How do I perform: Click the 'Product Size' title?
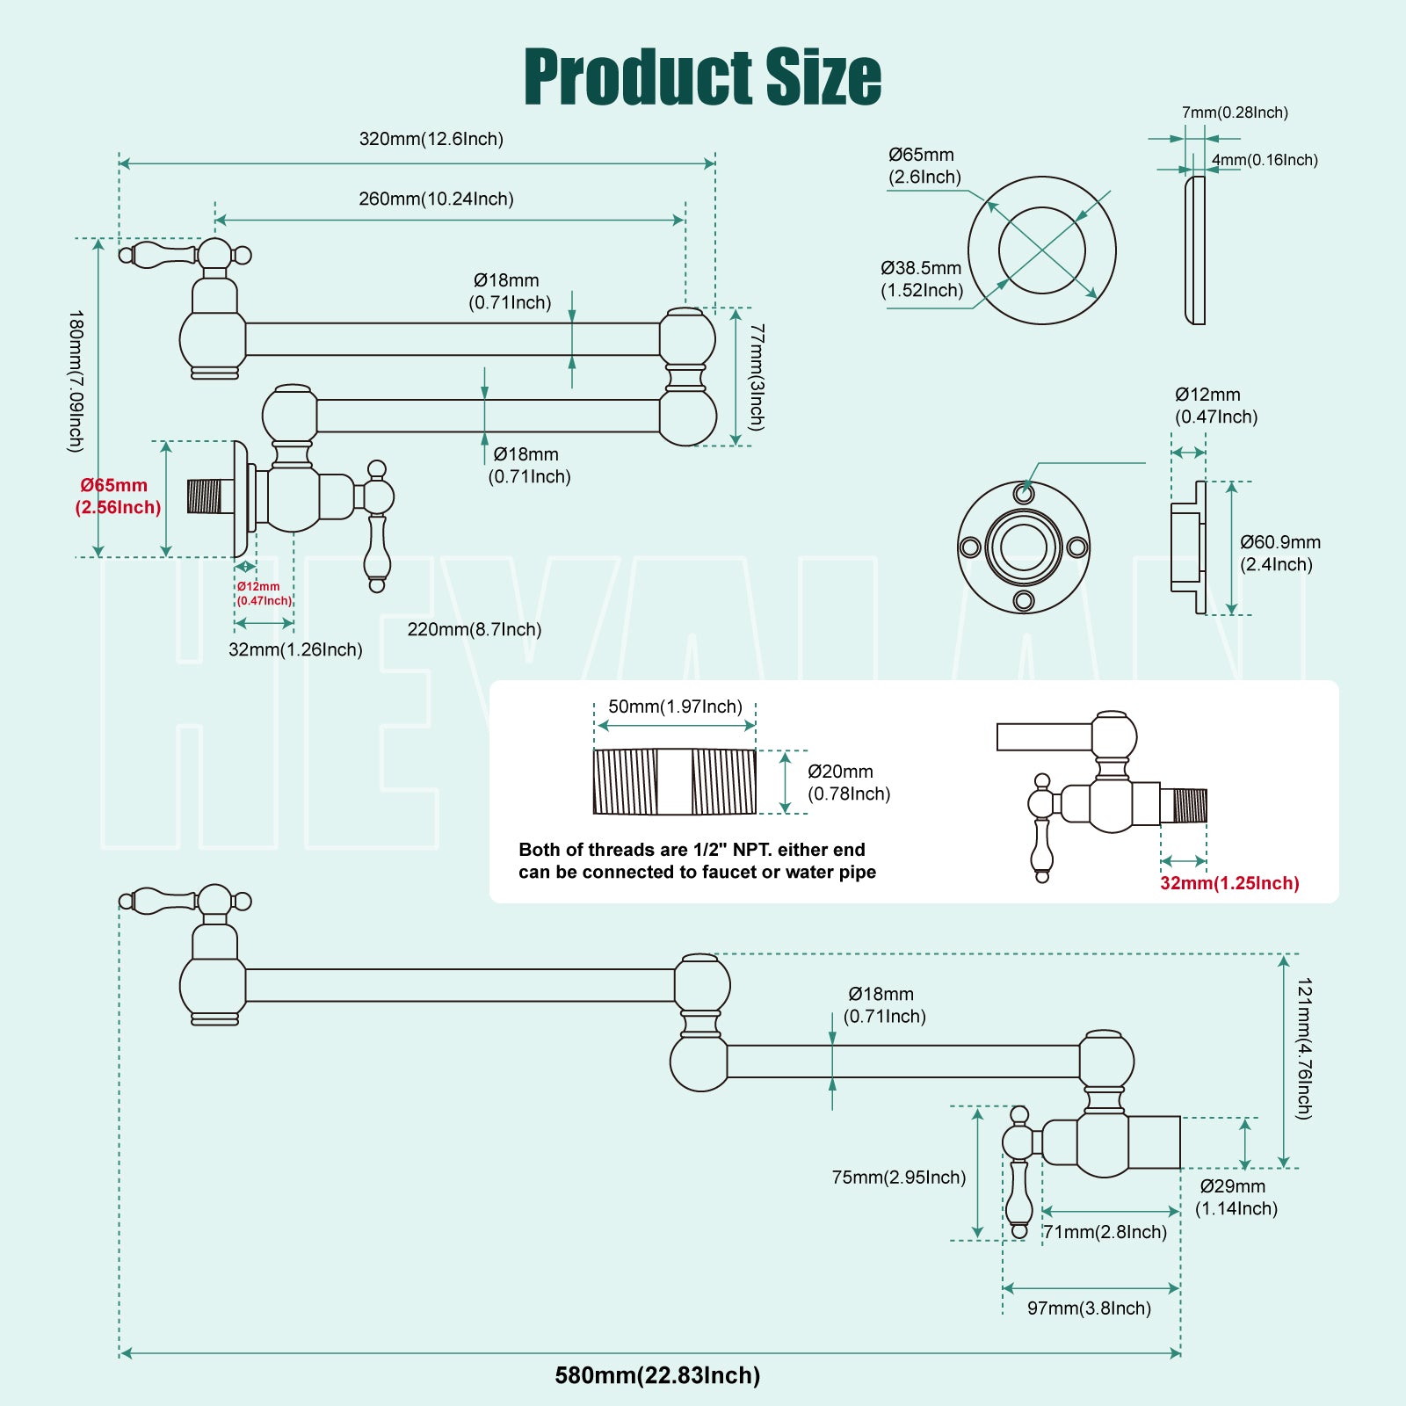point(702,77)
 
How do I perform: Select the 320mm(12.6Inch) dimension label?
point(431,139)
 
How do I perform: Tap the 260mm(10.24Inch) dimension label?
point(436,199)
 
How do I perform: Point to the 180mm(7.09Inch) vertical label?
point(76,380)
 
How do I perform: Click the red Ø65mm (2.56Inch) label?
point(119,496)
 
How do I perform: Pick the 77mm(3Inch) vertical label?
point(757,377)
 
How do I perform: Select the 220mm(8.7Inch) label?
point(475,629)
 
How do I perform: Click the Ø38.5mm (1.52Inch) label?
point(922,279)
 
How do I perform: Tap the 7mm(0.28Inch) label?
point(1235,112)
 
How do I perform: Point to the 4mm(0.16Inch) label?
point(1265,160)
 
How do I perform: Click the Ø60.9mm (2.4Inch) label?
point(1279,553)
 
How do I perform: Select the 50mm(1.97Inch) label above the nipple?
point(675,707)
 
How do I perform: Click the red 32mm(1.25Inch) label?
point(1229,883)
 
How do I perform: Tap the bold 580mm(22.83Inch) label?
point(657,1375)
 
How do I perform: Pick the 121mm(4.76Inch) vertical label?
point(1304,1048)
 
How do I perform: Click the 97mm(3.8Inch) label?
point(1089,1308)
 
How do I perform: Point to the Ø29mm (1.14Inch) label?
point(1236,1197)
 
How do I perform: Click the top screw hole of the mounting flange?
point(1024,492)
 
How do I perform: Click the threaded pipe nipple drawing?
point(674,781)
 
